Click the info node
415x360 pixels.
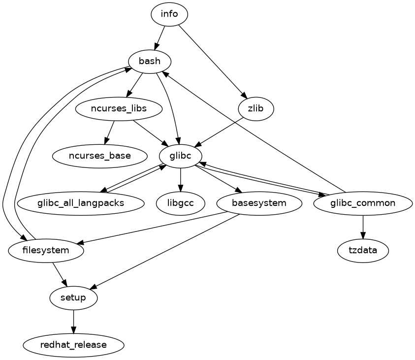click(x=169, y=14)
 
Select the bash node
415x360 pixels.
click(x=150, y=61)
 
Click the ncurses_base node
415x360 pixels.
click(x=100, y=156)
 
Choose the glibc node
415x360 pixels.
click(x=181, y=156)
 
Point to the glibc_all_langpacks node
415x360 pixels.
click(x=81, y=203)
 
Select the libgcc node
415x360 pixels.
click(x=181, y=203)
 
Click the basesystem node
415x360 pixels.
click(x=259, y=203)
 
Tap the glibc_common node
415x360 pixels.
click(x=363, y=203)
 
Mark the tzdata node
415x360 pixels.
click(x=363, y=250)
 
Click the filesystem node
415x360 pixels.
click(x=46, y=250)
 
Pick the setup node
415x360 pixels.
click(x=74, y=297)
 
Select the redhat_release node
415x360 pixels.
click(x=74, y=345)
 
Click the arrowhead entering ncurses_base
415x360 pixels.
click(x=106, y=142)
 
